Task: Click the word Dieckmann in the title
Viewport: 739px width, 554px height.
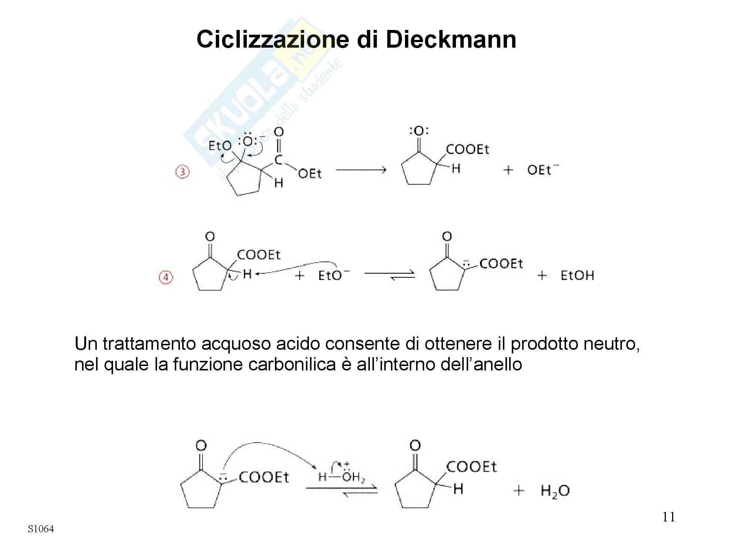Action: point(451,40)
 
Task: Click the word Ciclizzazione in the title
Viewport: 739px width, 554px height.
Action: point(272,40)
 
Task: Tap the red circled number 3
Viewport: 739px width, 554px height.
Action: point(182,172)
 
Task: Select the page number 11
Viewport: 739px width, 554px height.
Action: point(669,517)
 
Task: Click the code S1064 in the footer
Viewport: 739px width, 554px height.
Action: point(41,529)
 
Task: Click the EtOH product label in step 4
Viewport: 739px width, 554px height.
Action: point(577,276)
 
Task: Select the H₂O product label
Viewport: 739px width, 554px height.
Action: point(555,491)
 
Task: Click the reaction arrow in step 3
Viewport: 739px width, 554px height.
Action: point(361,170)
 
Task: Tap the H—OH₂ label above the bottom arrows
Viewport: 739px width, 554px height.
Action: point(342,477)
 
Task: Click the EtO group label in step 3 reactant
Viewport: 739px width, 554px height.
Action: point(220,146)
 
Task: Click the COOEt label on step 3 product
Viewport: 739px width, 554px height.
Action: point(467,150)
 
